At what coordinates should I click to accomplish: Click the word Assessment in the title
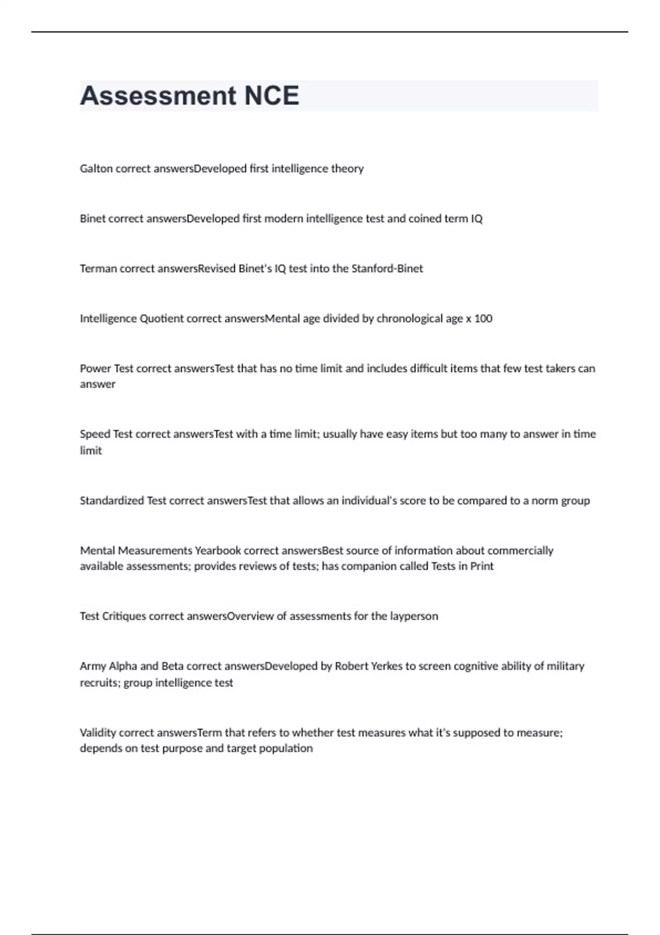click(158, 96)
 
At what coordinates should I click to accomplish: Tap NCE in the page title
click(272, 96)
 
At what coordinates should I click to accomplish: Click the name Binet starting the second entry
click(92, 218)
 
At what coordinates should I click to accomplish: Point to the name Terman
click(98, 268)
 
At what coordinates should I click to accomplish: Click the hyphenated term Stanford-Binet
click(387, 268)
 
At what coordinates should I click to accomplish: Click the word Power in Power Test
click(95, 369)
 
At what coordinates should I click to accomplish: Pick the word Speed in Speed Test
click(95, 434)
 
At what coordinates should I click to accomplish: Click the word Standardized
click(112, 501)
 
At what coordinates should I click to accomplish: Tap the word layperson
click(414, 616)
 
